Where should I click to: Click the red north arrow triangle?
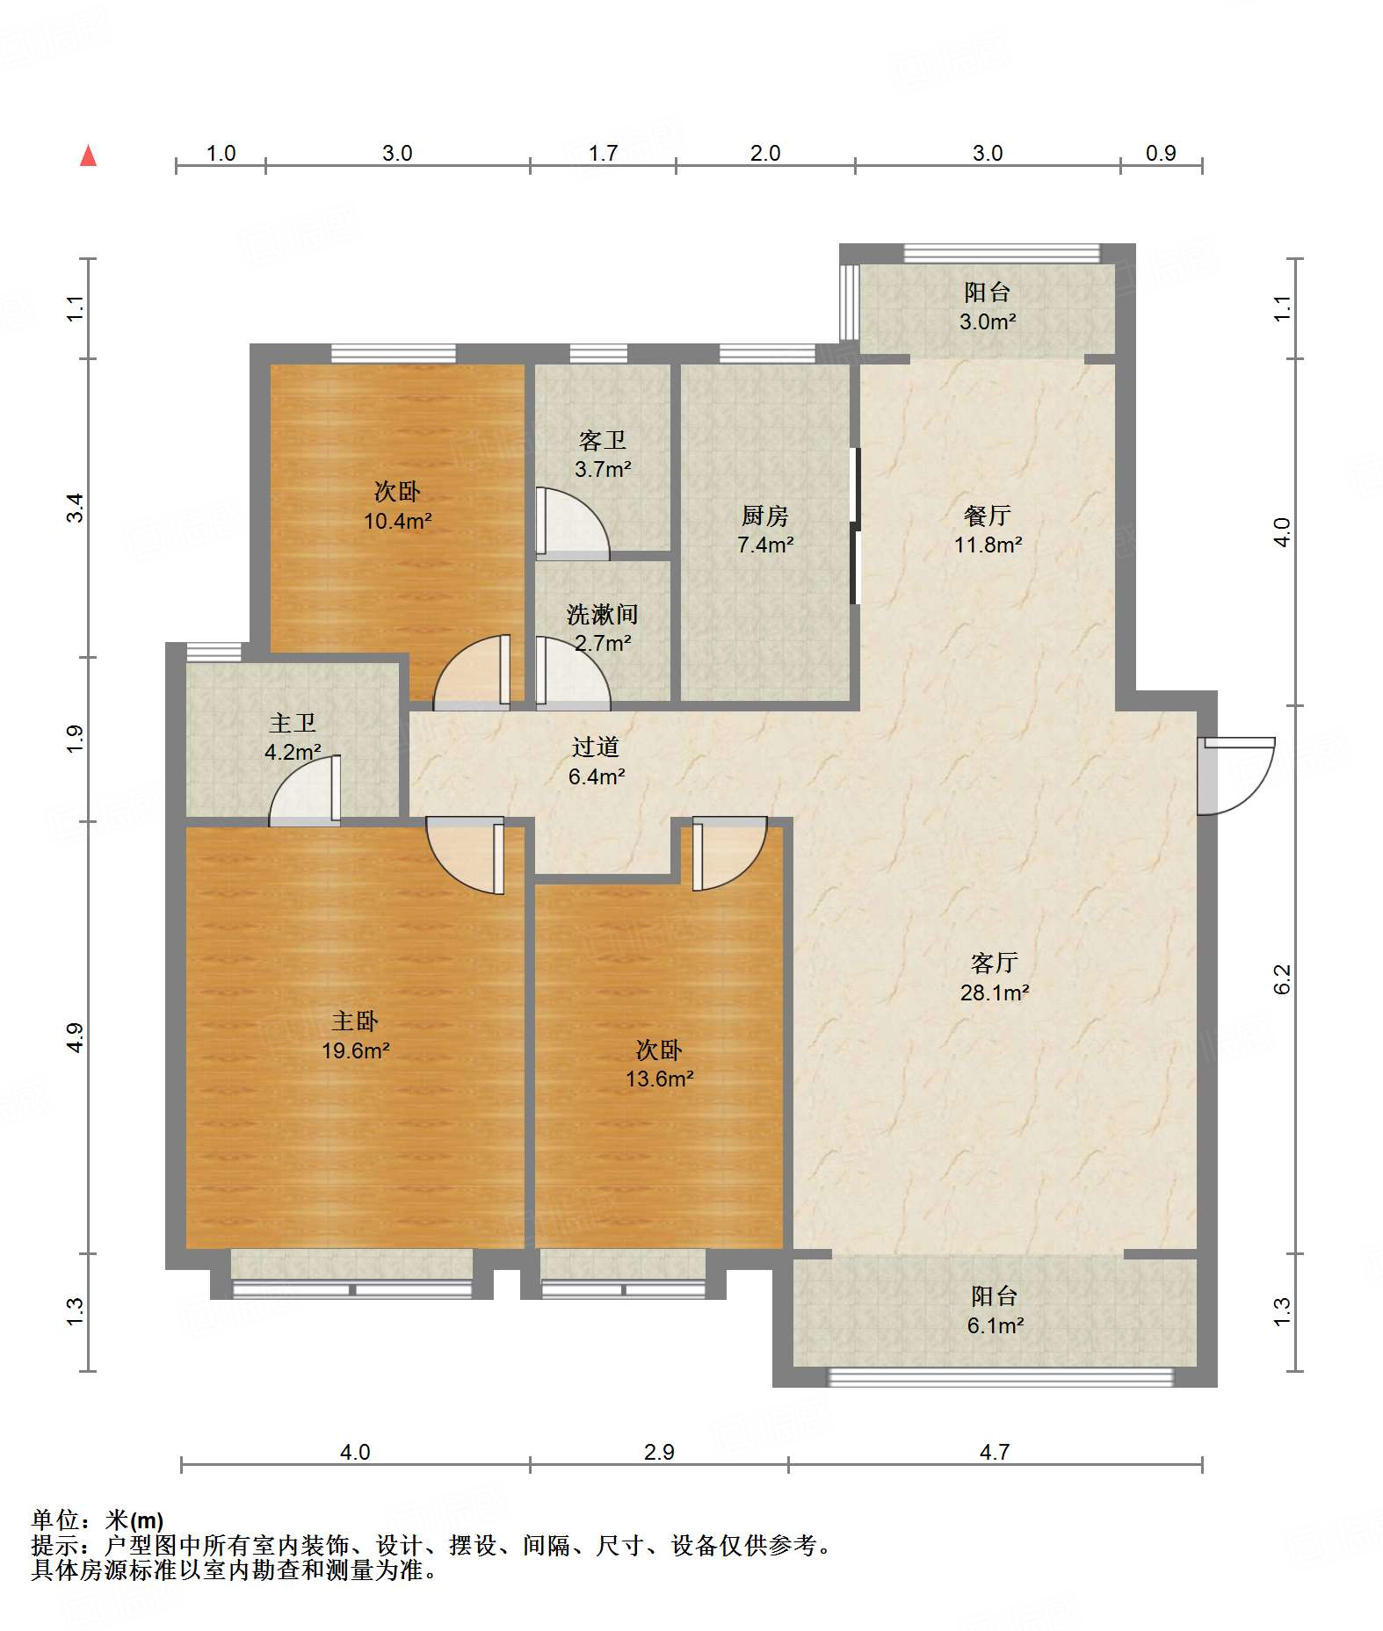[88, 155]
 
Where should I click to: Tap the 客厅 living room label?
[994, 963]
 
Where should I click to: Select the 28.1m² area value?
[995, 992]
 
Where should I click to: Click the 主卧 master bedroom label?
[354, 1021]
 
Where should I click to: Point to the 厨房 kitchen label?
[764, 516]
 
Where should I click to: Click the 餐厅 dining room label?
[987, 516]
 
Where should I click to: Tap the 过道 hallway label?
[596, 747]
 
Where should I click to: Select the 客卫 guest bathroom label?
[602, 440]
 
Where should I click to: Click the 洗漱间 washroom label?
[602, 614]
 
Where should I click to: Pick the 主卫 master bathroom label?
[292, 723]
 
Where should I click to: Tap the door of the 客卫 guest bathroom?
[572, 523]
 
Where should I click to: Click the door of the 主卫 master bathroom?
[305, 790]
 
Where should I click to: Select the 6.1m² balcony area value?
[995, 1325]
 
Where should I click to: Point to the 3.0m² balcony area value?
[988, 321]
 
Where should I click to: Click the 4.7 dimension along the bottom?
[995, 1452]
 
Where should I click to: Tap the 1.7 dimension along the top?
[603, 153]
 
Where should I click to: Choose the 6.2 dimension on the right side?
[1282, 978]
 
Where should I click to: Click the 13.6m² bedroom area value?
[659, 1079]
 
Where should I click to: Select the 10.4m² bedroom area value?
[397, 521]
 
